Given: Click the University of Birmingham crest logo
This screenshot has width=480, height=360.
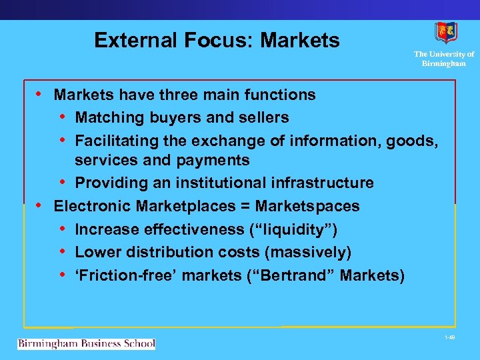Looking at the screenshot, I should [446, 33].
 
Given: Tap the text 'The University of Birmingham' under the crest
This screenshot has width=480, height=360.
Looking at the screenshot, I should [443, 59].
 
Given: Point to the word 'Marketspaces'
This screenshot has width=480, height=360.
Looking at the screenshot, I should [307, 206].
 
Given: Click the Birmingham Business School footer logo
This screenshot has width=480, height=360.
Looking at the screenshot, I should [86, 344].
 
